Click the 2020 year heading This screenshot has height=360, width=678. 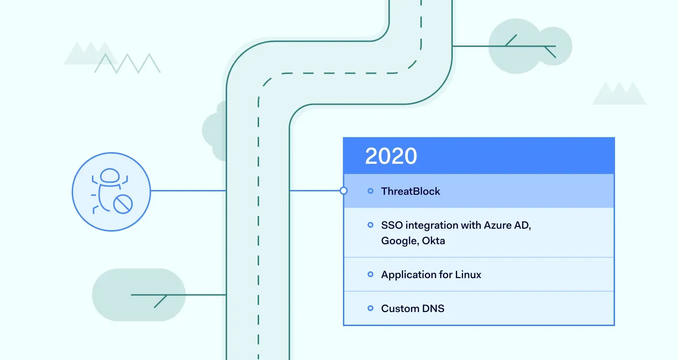391,156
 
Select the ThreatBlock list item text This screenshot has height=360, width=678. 411,191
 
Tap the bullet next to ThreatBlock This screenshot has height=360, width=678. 370,191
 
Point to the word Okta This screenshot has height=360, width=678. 433,240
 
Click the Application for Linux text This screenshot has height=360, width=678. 431,275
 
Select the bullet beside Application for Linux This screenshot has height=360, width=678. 370,275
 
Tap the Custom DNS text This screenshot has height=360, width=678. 413,309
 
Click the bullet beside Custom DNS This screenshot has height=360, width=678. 370,309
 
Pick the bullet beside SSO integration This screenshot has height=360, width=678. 370,225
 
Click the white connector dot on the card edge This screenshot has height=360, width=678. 343,191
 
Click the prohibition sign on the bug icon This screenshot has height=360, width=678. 123,203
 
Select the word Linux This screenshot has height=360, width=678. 468,275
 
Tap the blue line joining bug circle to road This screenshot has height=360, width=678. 189,191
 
